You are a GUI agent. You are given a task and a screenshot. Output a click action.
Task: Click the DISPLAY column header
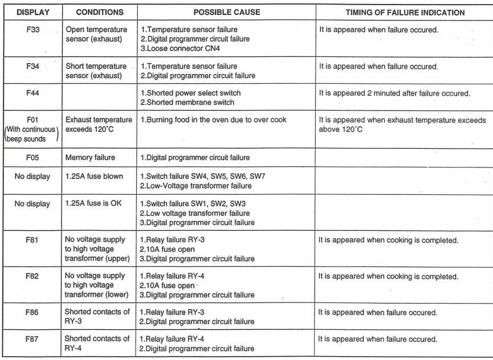coord(32,12)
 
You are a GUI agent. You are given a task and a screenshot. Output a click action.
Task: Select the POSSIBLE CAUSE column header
coord(226,12)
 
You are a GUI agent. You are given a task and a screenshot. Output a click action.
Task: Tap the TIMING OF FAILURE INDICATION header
coord(405,12)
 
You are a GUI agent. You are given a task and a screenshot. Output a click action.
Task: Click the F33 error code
coord(32,29)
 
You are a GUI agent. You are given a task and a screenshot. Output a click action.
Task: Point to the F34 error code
coord(32,67)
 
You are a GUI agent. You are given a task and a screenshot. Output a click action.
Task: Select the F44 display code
coord(32,93)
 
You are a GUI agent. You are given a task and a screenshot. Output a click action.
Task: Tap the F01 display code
coord(32,120)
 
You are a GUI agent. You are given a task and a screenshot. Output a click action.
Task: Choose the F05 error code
coord(32,157)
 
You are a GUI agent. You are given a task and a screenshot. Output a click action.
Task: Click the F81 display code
coord(32,240)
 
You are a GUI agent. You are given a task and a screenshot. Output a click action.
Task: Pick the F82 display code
coord(32,276)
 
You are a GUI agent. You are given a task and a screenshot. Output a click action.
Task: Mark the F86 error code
coord(32,312)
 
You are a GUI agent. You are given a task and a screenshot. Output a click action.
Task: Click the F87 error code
coord(32,339)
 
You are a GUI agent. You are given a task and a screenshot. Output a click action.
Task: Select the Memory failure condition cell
coord(90,157)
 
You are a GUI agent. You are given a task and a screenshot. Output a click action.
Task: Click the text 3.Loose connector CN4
coord(180,48)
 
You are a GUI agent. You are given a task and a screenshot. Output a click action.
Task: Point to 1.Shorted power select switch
coord(190,93)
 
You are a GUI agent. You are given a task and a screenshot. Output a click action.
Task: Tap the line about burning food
coord(213,120)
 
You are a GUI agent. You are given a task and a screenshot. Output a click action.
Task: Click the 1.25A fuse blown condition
coord(94,176)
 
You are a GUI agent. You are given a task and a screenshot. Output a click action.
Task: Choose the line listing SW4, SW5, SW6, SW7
coord(202,176)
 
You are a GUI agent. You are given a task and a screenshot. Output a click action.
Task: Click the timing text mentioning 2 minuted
coord(394,93)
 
